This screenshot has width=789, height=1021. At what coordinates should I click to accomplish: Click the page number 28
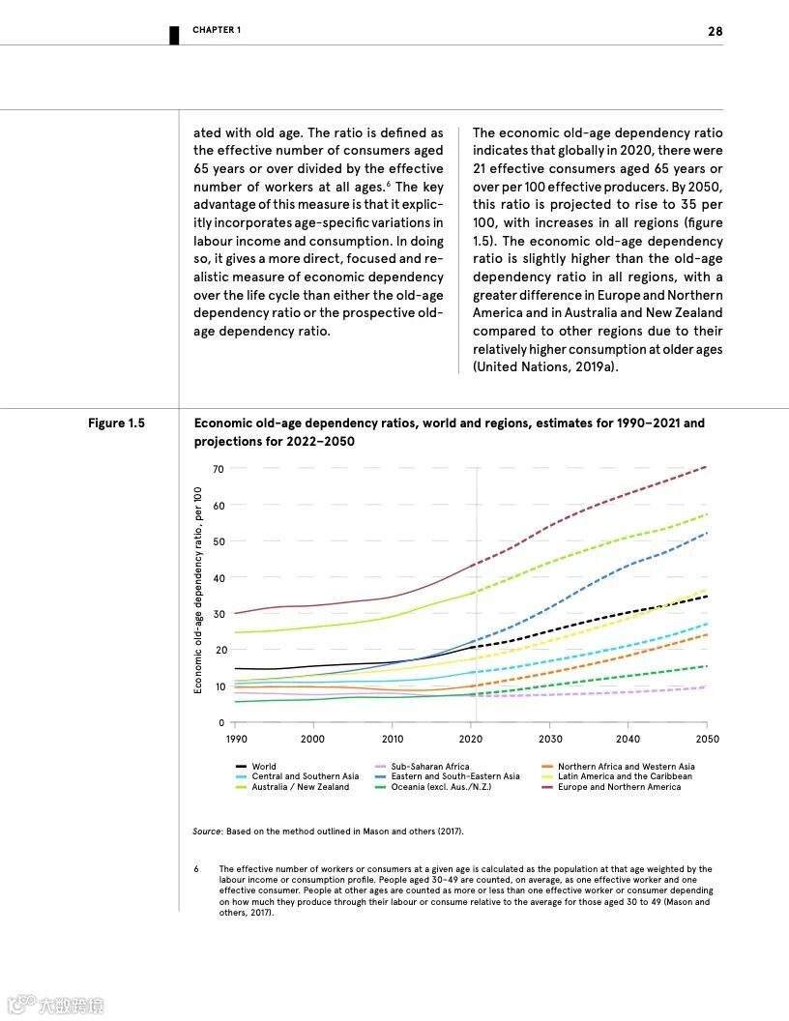click(x=715, y=31)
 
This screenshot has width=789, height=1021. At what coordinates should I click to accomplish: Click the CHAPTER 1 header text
click(x=217, y=30)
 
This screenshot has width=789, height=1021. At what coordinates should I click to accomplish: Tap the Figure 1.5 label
click(x=116, y=423)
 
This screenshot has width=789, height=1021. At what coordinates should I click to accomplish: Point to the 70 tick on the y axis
click(x=219, y=469)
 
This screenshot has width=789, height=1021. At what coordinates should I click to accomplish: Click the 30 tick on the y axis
click(x=219, y=614)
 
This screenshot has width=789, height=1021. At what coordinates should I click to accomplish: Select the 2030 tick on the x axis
click(x=549, y=739)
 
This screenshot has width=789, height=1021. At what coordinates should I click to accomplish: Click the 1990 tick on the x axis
click(x=236, y=739)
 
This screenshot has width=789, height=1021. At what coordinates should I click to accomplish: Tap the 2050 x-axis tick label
click(x=707, y=739)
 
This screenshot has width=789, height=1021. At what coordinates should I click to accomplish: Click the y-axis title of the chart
click(x=197, y=589)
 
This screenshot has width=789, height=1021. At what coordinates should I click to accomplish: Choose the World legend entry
click(x=264, y=767)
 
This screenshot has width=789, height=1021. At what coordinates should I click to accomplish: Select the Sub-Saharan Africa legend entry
click(x=429, y=767)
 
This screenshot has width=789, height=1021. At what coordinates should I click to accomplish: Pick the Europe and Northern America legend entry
click(x=619, y=787)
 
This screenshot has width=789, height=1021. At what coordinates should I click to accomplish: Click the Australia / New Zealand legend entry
click(x=300, y=787)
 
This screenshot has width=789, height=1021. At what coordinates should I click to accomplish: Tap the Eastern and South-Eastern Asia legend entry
click(x=454, y=776)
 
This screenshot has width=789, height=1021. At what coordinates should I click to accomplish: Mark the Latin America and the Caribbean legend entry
click(x=625, y=776)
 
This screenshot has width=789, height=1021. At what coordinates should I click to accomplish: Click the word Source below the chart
click(x=207, y=831)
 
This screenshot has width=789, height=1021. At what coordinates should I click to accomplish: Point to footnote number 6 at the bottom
click(x=197, y=869)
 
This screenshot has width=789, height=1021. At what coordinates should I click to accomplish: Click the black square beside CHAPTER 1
click(x=174, y=35)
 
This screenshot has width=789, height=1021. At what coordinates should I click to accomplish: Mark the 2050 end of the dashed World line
click(x=707, y=596)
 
